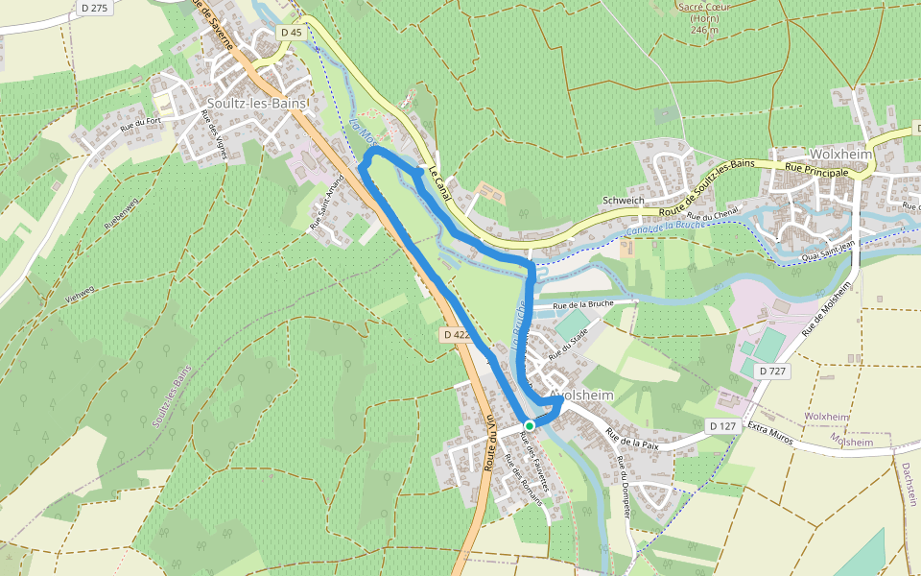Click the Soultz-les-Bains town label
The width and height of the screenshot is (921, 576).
tap(256, 103)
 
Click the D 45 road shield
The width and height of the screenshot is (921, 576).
tap(292, 33)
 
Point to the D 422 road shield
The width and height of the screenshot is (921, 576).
tap(457, 335)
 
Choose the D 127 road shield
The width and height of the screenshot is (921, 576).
tap(722, 425)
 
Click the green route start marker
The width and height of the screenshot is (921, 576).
tap(529, 425)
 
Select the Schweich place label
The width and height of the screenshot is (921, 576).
tap(623, 200)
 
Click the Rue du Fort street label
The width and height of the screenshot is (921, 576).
tap(138, 123)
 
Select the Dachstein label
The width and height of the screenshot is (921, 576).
tap(908, 484)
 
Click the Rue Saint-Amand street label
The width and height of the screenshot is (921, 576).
tap(326, 208)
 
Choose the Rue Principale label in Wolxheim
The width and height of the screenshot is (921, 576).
tap(816, 171)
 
